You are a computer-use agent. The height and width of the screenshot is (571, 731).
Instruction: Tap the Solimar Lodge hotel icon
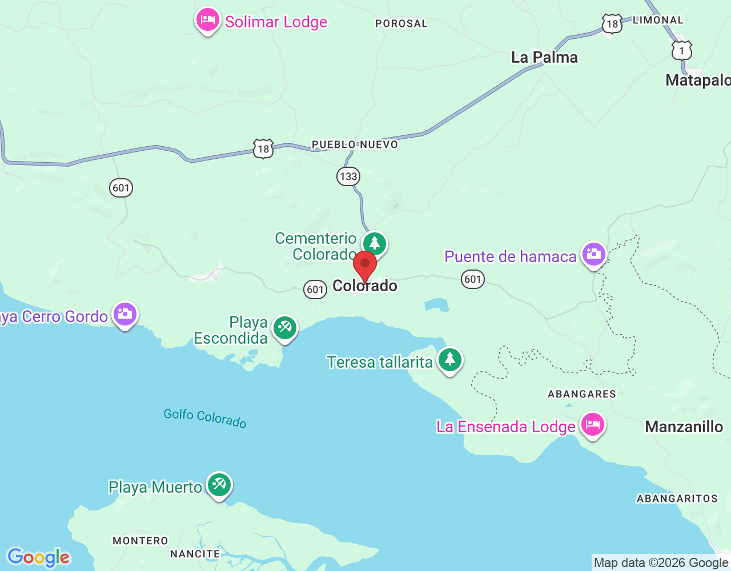tap(207, 21)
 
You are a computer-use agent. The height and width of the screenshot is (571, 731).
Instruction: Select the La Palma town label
tap(544, 57)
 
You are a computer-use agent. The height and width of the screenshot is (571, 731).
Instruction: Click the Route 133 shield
tap(348, 176)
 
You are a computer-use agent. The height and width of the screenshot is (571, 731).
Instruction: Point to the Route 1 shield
tap(681, 51)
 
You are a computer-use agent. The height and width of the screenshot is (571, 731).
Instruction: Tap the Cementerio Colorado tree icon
tap(375, 244)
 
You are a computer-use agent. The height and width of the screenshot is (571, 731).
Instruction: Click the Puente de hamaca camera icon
tap(593, 254)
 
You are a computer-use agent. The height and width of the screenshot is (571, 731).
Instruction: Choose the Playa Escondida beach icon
tap(284, 328)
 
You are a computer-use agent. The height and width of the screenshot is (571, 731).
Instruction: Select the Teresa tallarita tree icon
tap(450, 360)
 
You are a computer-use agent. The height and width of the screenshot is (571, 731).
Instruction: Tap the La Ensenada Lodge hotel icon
tap(592, 425)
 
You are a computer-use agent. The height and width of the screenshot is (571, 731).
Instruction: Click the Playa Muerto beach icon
tap(219, 485)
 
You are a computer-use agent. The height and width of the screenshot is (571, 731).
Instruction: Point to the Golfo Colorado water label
tap(205, 418)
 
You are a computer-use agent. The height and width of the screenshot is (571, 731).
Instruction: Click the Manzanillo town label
tap(684, 427)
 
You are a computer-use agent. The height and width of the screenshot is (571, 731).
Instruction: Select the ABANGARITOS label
tap(677, 498)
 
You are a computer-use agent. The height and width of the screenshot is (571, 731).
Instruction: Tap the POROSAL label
tap(401, 23)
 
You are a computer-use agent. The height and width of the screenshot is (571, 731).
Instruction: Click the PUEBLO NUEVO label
tap(355, 144)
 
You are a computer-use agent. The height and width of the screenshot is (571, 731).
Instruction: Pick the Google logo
tap(38, 557)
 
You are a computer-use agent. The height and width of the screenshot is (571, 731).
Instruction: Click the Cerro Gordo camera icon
tap(125, 313)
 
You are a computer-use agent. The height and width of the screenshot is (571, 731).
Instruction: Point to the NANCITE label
tap(195, 554)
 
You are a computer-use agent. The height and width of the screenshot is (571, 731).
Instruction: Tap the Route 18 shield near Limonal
tap(612, 24)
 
